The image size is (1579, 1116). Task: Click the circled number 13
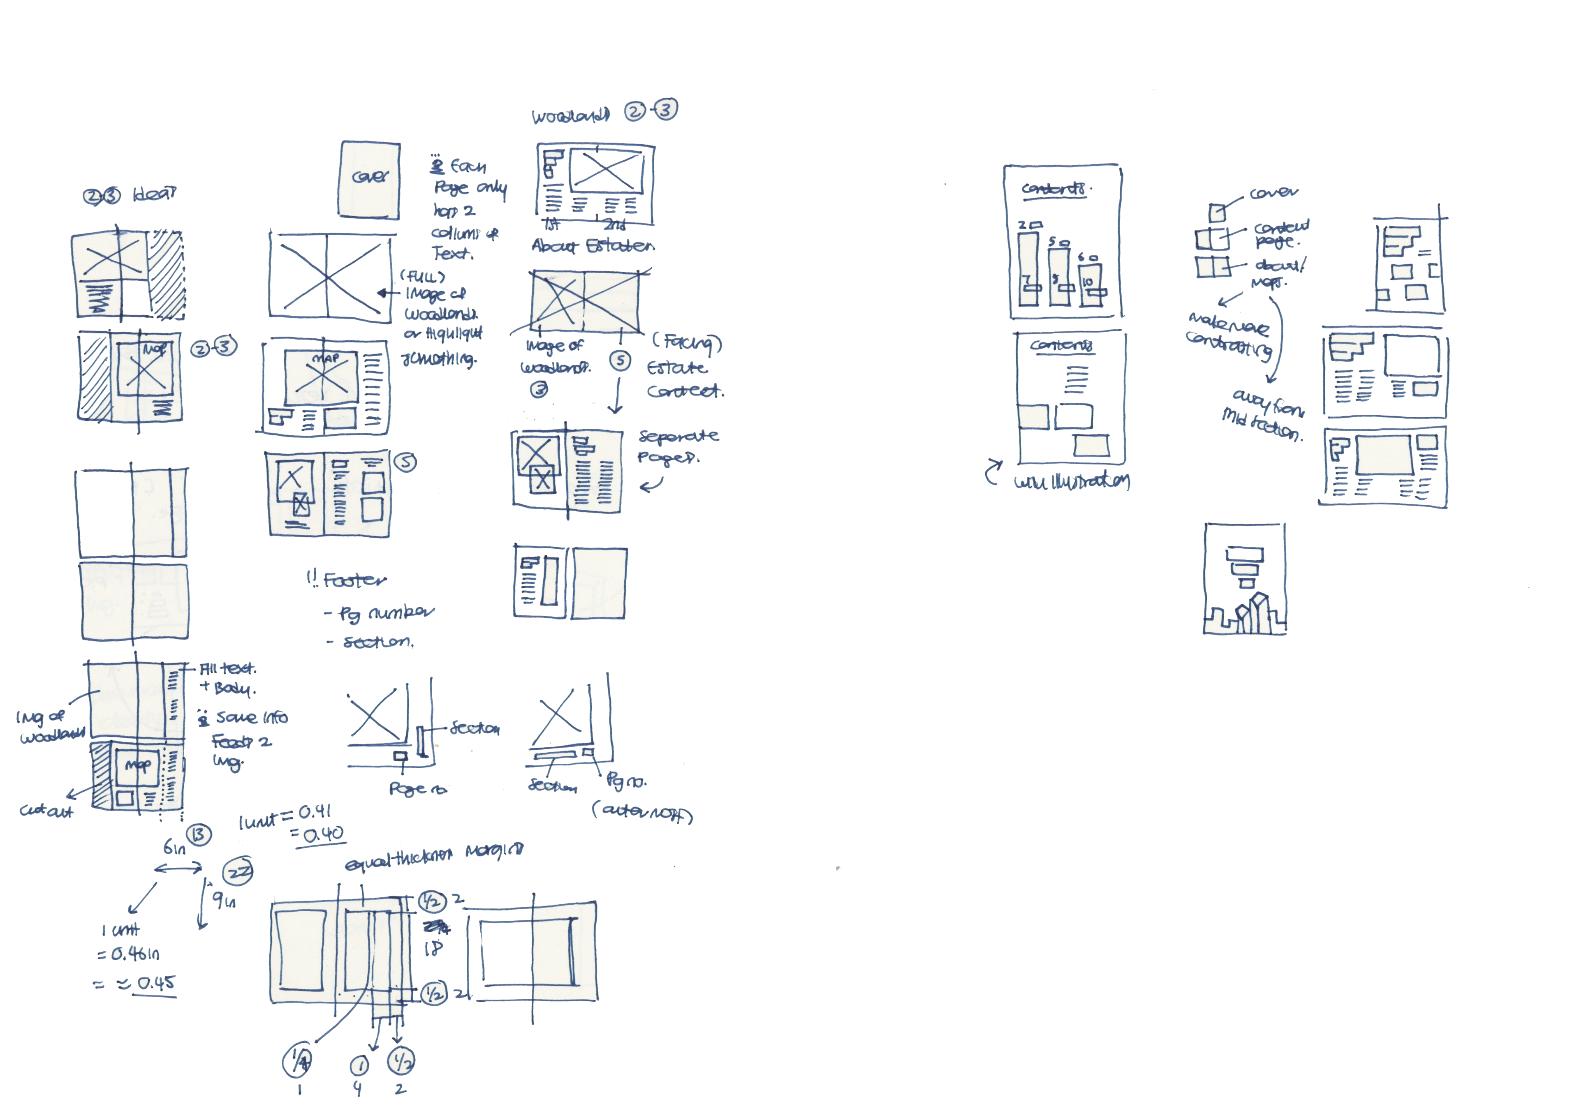coord(199,835)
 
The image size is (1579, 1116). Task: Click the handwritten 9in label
coord(224,899)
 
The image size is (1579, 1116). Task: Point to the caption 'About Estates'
coord(593,246)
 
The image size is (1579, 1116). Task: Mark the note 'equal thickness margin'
coord(433,857)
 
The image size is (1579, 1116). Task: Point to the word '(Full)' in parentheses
coord(422,276)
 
